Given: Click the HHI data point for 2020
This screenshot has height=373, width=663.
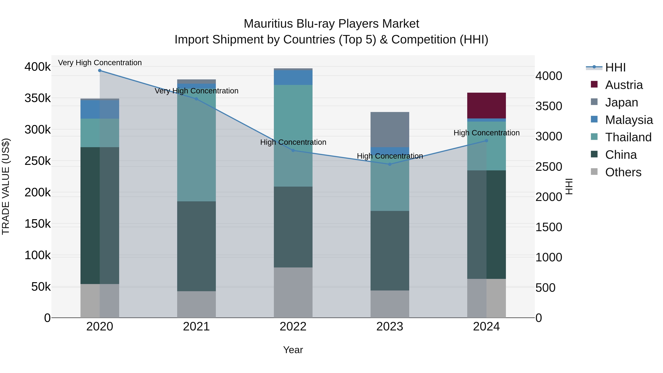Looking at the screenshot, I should [100, 71].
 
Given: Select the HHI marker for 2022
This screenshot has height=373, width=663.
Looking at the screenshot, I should [293, 151].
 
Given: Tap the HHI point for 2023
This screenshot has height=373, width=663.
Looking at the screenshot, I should [390, 164].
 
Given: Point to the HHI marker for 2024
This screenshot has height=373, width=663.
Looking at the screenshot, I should [486, 141].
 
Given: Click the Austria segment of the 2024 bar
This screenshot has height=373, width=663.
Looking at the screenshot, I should [486, 106].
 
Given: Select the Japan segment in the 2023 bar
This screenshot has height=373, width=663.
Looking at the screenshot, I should [390, 129].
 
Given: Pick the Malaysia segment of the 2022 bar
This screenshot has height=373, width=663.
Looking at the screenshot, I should [293, 78].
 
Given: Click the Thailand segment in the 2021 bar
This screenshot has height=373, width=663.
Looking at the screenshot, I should [196, 145].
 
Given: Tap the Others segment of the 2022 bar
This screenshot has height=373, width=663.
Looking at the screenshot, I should [293, 293].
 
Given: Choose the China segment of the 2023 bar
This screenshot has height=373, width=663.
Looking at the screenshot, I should [390, 251].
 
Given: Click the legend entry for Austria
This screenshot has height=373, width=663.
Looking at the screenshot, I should [624, 85].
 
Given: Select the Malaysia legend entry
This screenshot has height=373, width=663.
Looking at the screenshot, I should [629, 120].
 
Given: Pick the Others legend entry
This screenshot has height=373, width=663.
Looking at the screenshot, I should [623, 172].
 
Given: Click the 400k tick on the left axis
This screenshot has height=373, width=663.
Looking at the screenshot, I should [38, 67].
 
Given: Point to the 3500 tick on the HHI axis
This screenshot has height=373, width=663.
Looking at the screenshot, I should [549, 106].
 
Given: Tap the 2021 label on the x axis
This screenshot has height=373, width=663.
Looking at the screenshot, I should [196, 327].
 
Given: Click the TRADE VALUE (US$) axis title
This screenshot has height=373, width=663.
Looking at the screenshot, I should [6, 186].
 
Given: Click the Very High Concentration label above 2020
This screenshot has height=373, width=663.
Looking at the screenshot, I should [100, 63].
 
